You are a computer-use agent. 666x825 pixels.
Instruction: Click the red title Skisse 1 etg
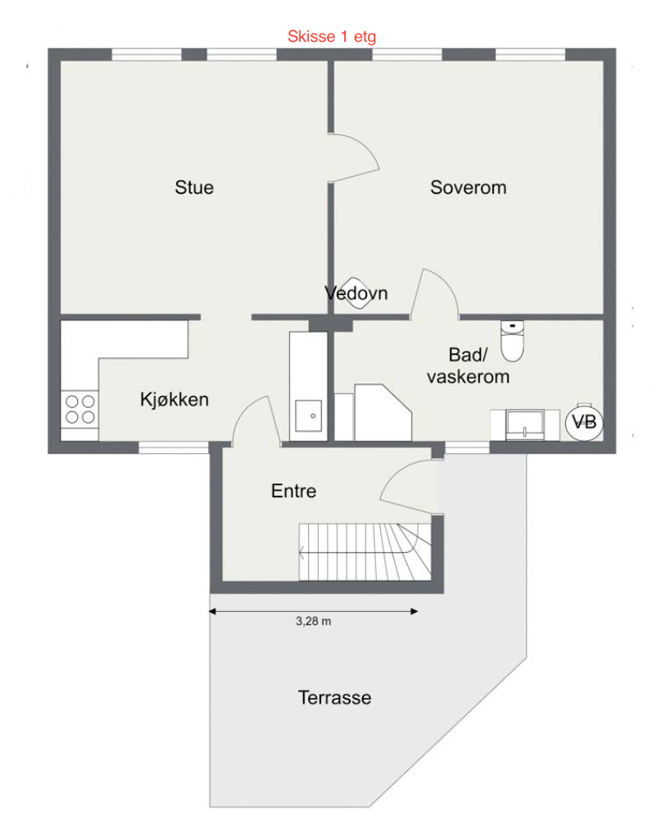point(332,36)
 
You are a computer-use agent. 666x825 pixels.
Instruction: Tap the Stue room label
point(194,188)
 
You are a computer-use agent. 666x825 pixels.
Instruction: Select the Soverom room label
point(469,188)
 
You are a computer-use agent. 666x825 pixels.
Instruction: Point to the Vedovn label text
point(356,292)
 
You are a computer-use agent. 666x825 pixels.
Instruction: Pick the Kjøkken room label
point(174,400)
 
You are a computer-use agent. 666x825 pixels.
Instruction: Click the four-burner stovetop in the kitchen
point(79,409)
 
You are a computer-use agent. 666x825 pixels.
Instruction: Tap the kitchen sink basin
point(310,416)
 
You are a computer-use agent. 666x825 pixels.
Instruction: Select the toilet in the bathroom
point(512,341)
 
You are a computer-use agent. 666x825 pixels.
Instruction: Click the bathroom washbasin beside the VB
point(521,424)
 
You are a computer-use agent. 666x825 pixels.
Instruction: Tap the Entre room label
point(293,492)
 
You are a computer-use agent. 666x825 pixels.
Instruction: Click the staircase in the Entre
point(365,551)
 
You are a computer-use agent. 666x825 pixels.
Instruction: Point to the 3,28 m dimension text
point(313,622)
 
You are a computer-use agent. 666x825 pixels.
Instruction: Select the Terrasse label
point(334,698)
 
